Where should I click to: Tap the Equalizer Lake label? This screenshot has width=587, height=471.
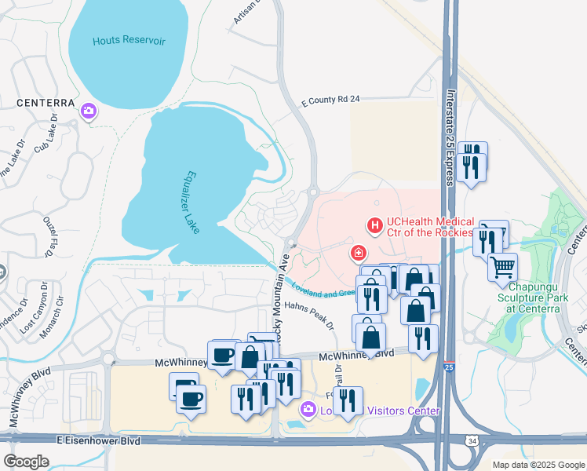tap(192, 202)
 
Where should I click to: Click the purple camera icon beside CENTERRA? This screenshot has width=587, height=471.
tap(89, 111)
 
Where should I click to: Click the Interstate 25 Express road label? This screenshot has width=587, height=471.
tap(450, 147)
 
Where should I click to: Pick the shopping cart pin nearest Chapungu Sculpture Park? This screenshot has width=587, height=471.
tap(502, 266)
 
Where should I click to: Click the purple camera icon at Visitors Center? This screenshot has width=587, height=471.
tap(308, 410)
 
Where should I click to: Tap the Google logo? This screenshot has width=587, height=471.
tap(26, 461)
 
